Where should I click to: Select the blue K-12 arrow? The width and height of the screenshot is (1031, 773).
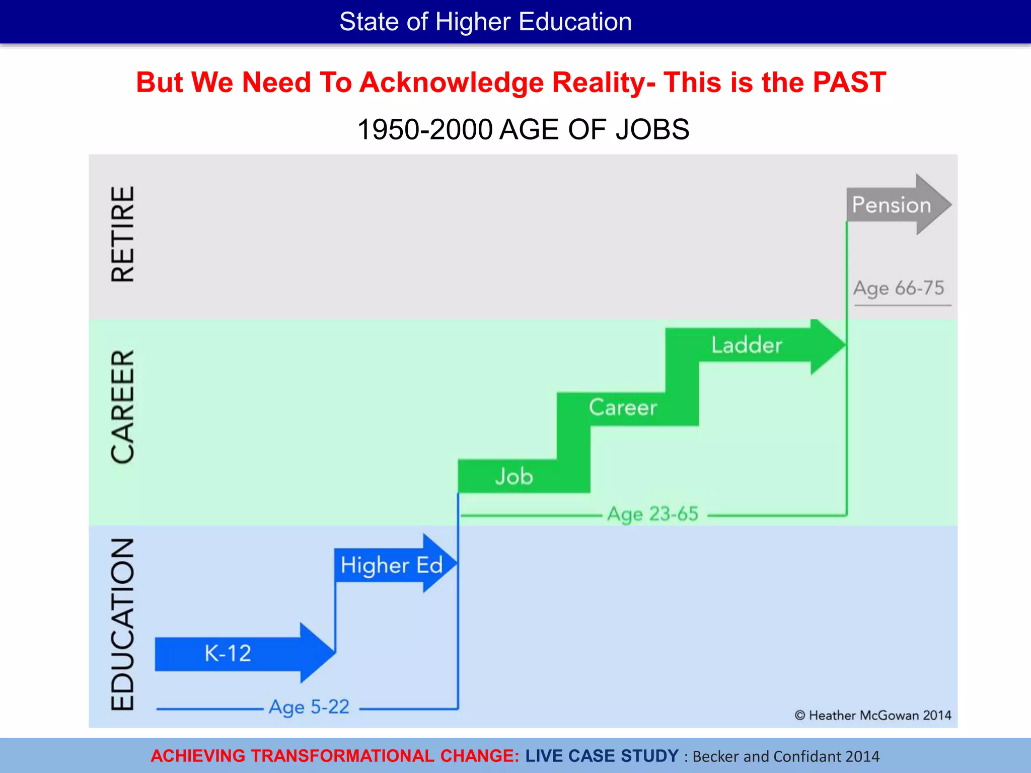[x=237, y=653]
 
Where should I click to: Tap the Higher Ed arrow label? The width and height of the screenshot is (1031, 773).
[x=392, y=565]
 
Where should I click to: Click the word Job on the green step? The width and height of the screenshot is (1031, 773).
[x=513, y=476]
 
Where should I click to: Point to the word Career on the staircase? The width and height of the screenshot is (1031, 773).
[x=623, y=407]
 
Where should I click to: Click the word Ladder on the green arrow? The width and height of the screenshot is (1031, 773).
[x=747, y=345]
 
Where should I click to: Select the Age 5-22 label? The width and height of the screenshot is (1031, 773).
[x=309, y=707]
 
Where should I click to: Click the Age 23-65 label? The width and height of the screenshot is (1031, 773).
[x=653, y=514]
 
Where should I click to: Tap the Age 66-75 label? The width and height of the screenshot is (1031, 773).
[x=899, y=288]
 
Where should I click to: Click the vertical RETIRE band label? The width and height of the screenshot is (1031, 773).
[x=123, y=234]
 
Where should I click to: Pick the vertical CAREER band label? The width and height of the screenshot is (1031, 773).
[x=123, y=407]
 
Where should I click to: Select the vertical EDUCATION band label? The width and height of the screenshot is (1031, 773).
[x=123, y=624]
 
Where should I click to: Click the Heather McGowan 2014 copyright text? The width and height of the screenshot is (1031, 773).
[x=873, y=715]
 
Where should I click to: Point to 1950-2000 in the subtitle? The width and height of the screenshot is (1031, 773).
[x=424, y=130]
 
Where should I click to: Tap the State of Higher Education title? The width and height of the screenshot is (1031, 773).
[x=485, y=22]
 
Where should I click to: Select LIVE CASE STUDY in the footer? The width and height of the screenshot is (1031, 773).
[x=602, y=756]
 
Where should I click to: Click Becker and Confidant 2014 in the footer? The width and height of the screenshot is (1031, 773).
[x=786, y=756]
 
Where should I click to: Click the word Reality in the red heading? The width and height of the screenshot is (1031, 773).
[x=599, y=83]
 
